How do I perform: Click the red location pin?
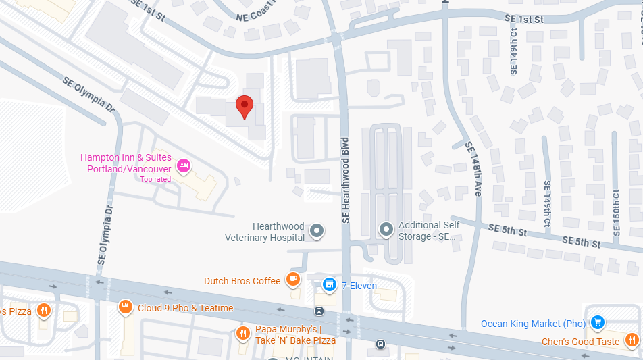(245, 107)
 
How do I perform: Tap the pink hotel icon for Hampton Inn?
(182, 165)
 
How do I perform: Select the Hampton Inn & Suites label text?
(126, 163)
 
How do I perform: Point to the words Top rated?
(155, 179)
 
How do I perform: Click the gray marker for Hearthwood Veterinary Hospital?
(317, 232)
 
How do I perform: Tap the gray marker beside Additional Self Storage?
(386, 230)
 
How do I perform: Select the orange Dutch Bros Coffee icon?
(292, 280)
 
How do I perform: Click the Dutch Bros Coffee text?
(242, 281)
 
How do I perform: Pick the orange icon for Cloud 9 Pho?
(125, 307)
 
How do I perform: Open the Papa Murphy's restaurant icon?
(242, 333)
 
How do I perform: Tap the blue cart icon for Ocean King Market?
(597, 323)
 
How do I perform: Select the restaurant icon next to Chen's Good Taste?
(632, 340)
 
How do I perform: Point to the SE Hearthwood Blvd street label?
(346, 180)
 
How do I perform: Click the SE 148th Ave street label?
(472, 168)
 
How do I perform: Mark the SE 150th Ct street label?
(615, 212)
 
